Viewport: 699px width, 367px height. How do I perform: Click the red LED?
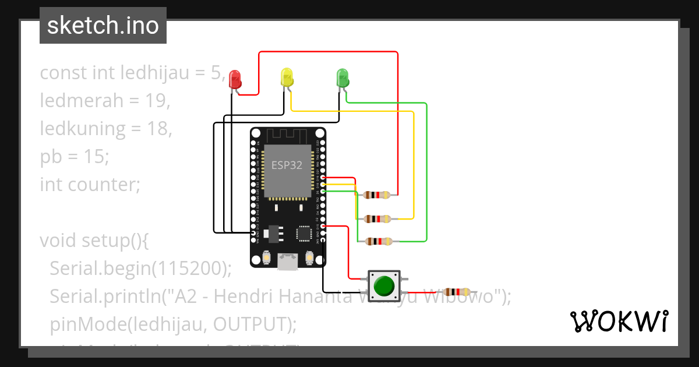pyautogui.click(x=235, y=78)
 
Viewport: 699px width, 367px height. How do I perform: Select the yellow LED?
pyautogui.click(x=286, y=77)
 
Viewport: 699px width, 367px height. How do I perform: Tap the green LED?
pyautogui.click(x=342, y=77)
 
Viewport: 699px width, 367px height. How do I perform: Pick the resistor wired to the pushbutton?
pyautogui.click(x=457, y=292)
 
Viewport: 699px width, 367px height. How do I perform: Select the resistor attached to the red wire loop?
pyautogui.click(x=377, y=195)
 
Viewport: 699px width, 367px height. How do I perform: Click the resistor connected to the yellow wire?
pyautogui.click(x=377, y=219)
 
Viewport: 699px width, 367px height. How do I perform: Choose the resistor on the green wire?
pyautogui.click(x=377, y=241)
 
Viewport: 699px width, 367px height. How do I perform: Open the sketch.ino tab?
pyautogui.click(x=103, y=26)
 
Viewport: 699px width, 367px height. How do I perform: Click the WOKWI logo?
pyautogui.click(x=619, y=321)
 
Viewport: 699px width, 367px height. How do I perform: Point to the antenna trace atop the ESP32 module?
pyautogui.click(x=288, y=135)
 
